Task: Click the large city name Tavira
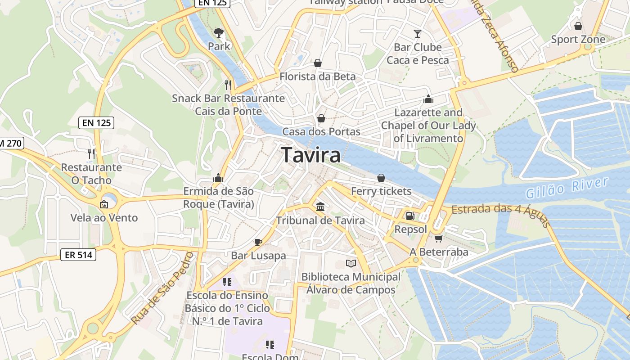tap(311, 155)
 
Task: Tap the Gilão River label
tap(567, 188)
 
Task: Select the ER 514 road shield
tap(78, 255)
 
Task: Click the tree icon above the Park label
tap(219, 33)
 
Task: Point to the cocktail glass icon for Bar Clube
tap(418, 34)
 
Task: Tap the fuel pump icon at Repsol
tap(410, 216)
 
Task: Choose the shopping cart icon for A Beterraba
tap(438, 238)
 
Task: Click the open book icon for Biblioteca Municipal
tap(351, 263)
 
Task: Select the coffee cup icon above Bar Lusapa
tap(258, 242)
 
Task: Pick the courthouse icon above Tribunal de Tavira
tap(320, 207)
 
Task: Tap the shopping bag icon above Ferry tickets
tap(381, 178)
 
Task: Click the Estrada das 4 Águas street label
tap(500, 215)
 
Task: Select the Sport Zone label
tap(578, 40)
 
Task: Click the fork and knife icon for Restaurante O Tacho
tap(91, 153)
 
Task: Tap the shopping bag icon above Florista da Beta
tap(318, 63)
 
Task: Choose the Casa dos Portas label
tap(321, 131)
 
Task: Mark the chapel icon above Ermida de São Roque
tap(218, 178)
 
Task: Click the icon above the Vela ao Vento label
tap(104, 204)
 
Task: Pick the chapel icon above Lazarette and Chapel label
tap(428, 99)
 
